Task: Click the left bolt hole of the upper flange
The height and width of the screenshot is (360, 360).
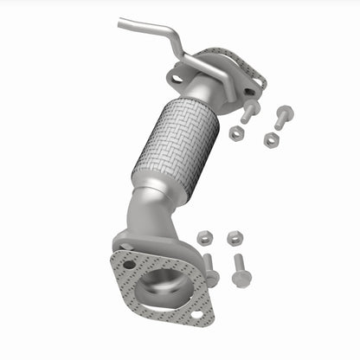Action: click(177, 79)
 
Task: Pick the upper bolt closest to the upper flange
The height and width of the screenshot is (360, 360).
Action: click(248, 110)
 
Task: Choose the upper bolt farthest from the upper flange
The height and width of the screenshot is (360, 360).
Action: click(282, 115)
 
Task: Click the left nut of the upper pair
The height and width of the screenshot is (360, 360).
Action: click(236, 133)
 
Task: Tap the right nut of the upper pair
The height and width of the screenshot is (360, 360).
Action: click(271, 138)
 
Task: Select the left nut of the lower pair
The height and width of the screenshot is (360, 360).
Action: click(205, 237)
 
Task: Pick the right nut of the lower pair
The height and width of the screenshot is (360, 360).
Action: click(234, 237)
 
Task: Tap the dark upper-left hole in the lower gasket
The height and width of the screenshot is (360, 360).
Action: click(129, 264)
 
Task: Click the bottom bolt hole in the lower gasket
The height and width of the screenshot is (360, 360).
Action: click(197, 314)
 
